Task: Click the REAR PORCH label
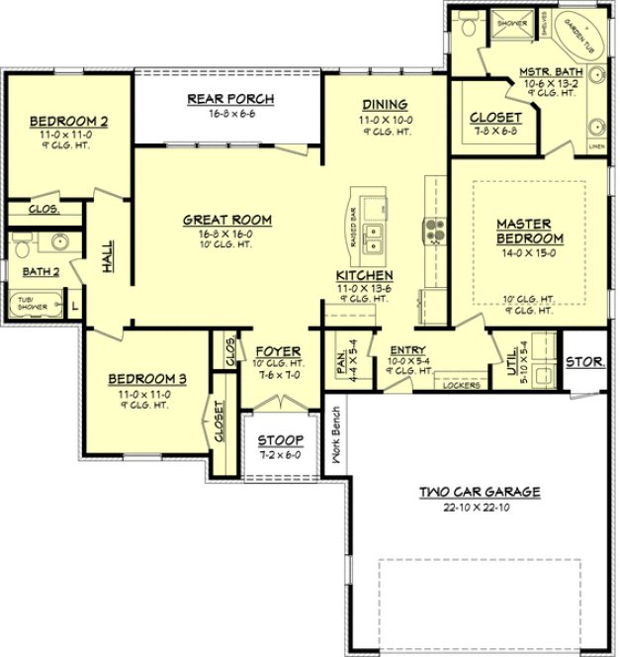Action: tap(230, 99)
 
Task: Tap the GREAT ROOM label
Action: tap(227, 220)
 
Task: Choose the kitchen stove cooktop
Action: tap(435, 232)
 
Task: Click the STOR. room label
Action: tap(584, 362)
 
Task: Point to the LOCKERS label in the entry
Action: tap(463, 385)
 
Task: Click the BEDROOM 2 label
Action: tap(68, 122)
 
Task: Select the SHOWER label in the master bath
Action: tap(511, 21)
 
